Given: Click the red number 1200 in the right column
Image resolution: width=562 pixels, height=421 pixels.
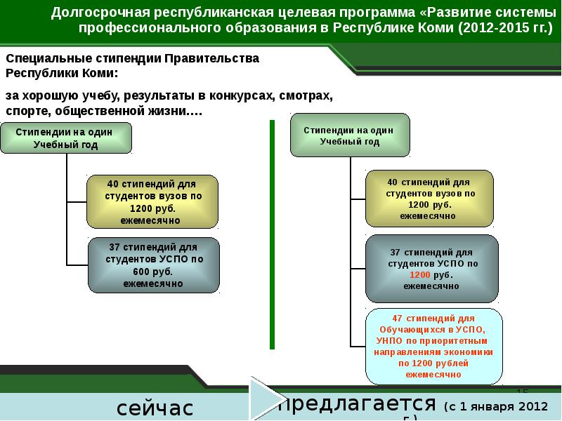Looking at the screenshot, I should click(420, 275).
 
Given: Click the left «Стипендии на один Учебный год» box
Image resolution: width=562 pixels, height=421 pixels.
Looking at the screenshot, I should click(66, 138).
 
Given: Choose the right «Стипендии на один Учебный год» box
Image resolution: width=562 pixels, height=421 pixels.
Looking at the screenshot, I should click(350, 135).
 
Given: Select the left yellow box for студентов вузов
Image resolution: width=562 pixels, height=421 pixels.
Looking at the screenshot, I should click(152, 201).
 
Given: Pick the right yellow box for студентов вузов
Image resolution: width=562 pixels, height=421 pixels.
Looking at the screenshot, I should click(429, 198).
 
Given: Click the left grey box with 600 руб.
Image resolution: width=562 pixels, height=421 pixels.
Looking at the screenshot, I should click(154, 265).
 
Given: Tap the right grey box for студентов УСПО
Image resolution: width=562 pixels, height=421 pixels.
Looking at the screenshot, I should click(432, 269).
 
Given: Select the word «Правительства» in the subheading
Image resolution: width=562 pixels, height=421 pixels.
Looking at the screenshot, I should click(211, 59).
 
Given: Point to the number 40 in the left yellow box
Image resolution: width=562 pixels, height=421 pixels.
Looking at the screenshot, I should click(113, 184).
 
